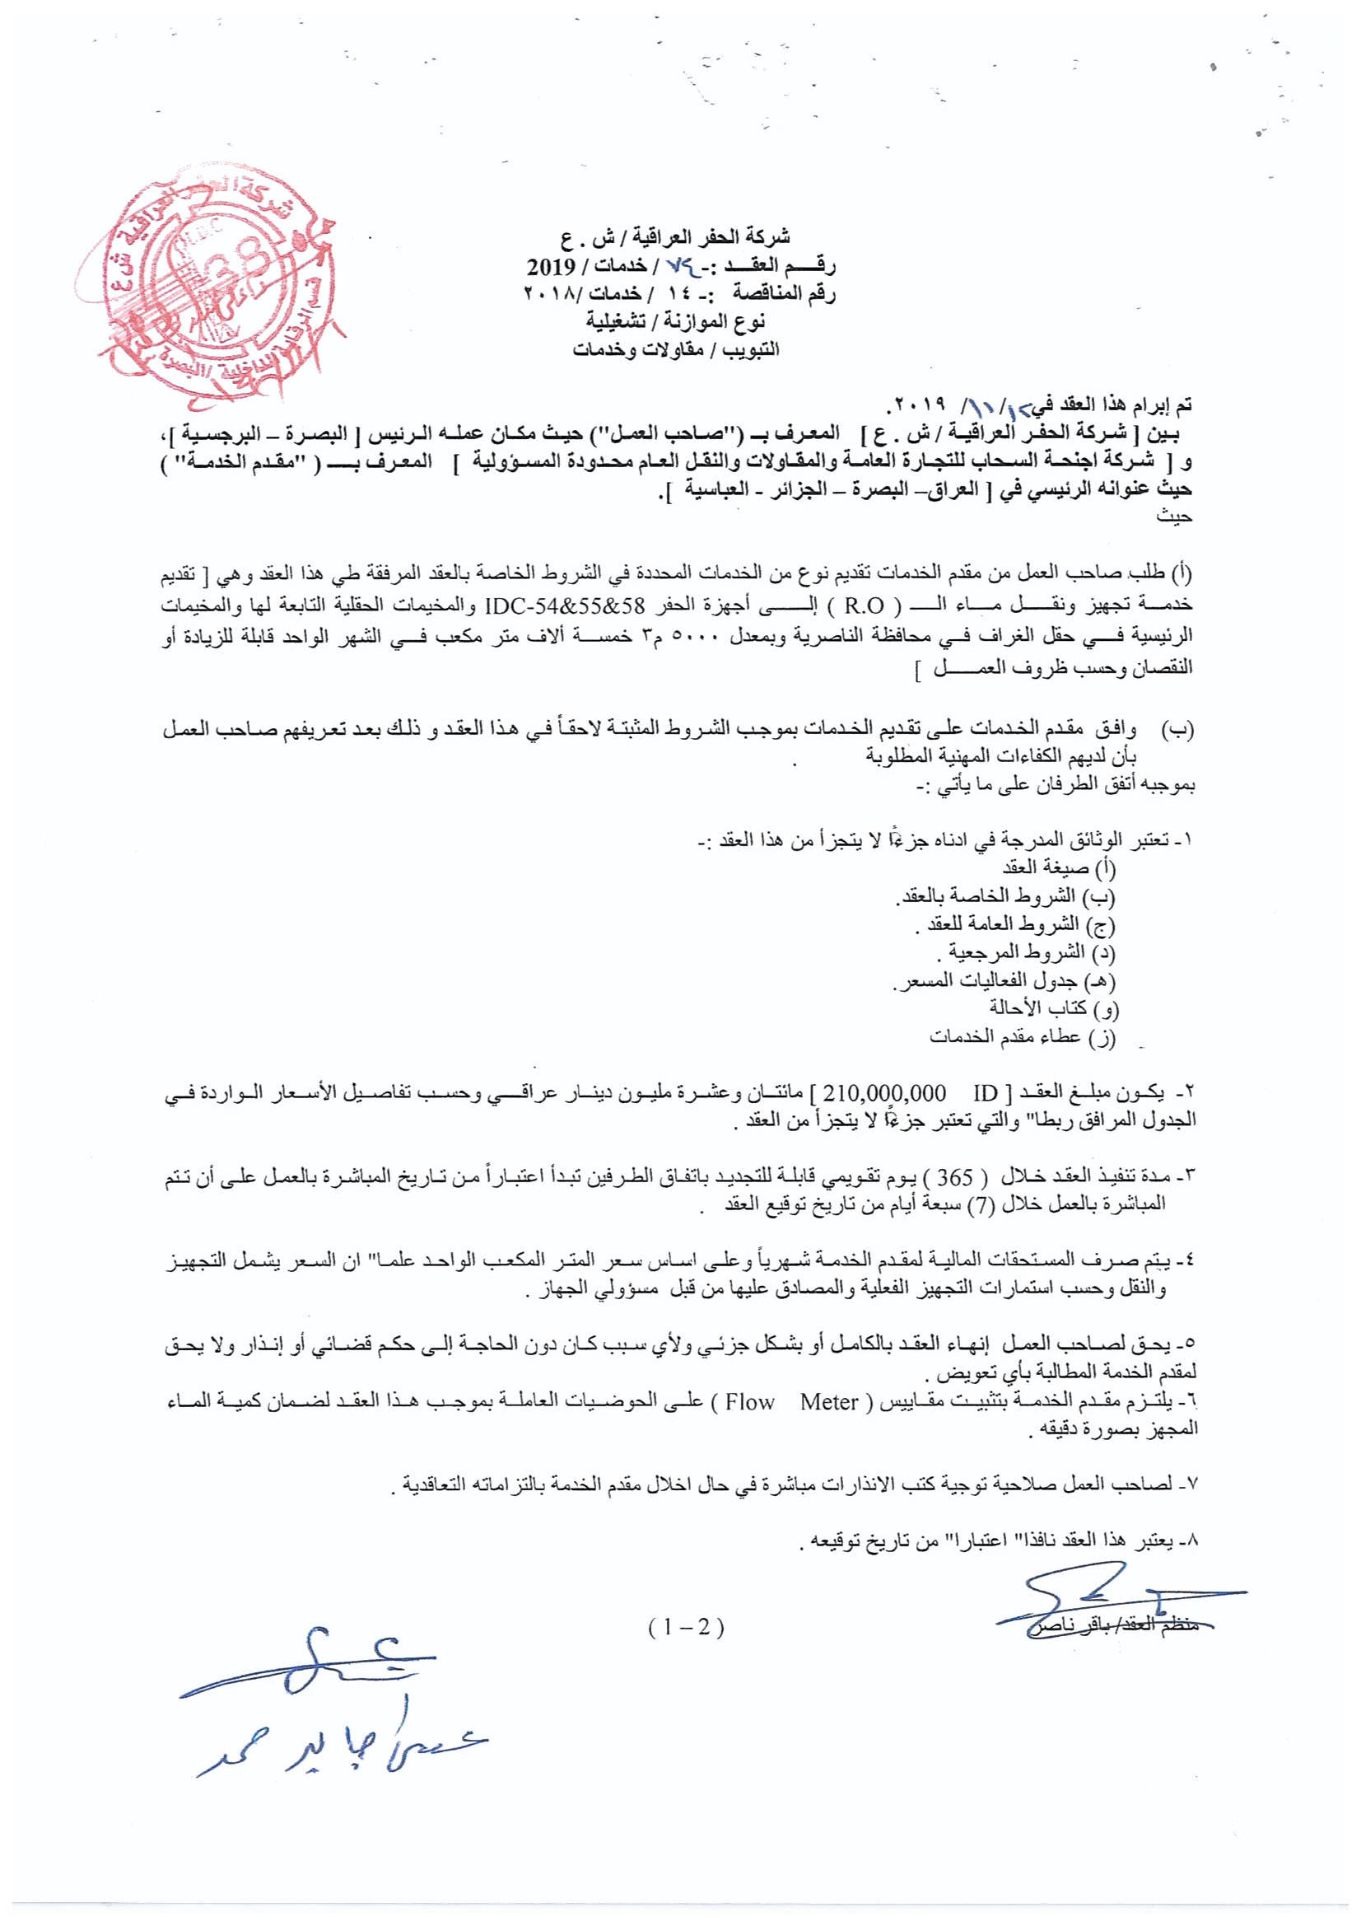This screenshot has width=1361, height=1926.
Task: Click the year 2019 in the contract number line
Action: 551,267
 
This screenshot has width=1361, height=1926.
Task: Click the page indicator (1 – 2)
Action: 685,1626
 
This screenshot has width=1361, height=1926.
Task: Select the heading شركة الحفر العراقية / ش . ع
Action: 680,237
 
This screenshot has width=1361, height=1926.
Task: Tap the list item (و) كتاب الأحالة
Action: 1053,1007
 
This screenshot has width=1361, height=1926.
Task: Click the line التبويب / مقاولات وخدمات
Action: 676,349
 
